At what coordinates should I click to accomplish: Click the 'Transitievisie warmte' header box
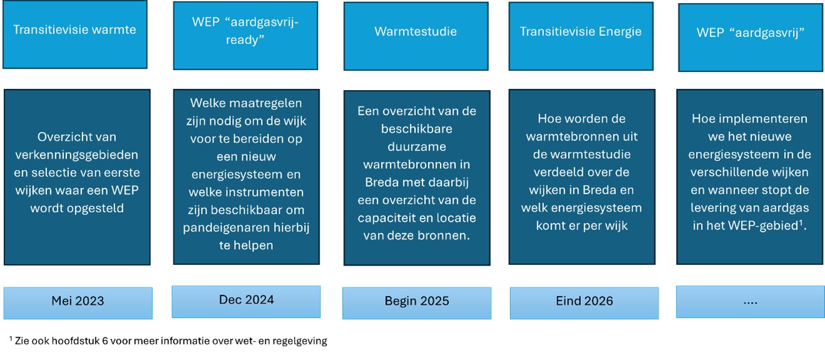tap(74, 34)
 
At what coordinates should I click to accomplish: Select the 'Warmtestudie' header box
tap(416, 36)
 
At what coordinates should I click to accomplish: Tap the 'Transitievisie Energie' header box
tap(581, 36)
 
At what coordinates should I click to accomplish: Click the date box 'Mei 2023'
tap(78, 303)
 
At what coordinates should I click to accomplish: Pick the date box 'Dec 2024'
tap(246, 301)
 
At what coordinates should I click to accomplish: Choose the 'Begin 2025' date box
tap(417, 303)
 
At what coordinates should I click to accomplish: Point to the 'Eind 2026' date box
tap(584, 303)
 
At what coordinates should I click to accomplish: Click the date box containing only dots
tap(751, 301)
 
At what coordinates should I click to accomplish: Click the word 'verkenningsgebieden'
tap(76, 155)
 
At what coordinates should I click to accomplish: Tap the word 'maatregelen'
tap(264, 103)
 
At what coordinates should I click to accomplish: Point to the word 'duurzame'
tap(416, 147)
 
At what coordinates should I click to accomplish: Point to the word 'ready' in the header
tap(243, 40)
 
